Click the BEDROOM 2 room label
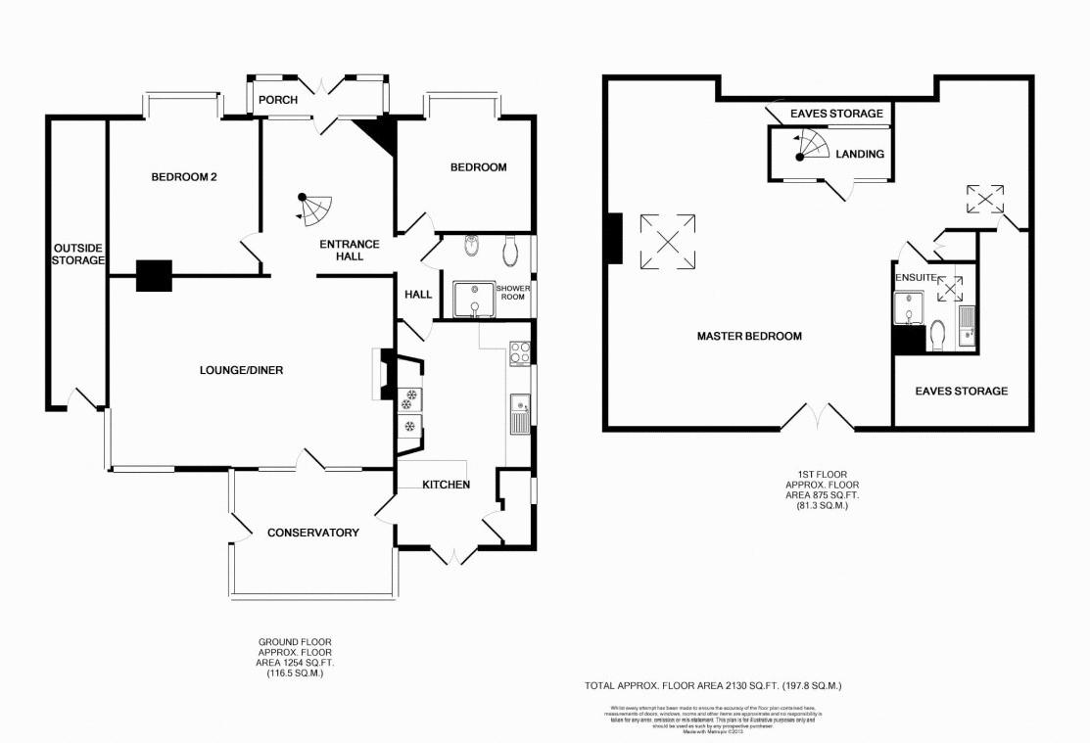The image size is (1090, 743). pyautogui.click(x=183, y=177)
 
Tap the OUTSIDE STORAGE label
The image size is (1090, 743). pyautogui.click(x=78, y=254)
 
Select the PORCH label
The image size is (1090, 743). pyautogui.click(x=277, y=100)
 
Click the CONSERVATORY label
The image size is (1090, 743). pyautogui.click(x=312, y=533)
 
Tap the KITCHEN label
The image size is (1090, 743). pyautogui.click(x=446, y=485)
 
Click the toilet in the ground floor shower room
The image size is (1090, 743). pyautogui.click(x=509, y=252)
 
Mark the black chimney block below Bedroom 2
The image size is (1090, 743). pyautogui.click(x=154, y=276)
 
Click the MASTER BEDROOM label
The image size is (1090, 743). pyautogui.click(x=749, y=336)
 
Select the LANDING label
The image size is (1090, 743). pyautogui.click(x=860, y=154)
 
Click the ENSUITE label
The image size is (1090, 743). pyautogui.click(x=915, y=278)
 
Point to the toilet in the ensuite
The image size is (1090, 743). pyautogui.click(x=937, y=337)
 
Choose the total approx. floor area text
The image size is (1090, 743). pyautogui.click(x=714, y=686)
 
